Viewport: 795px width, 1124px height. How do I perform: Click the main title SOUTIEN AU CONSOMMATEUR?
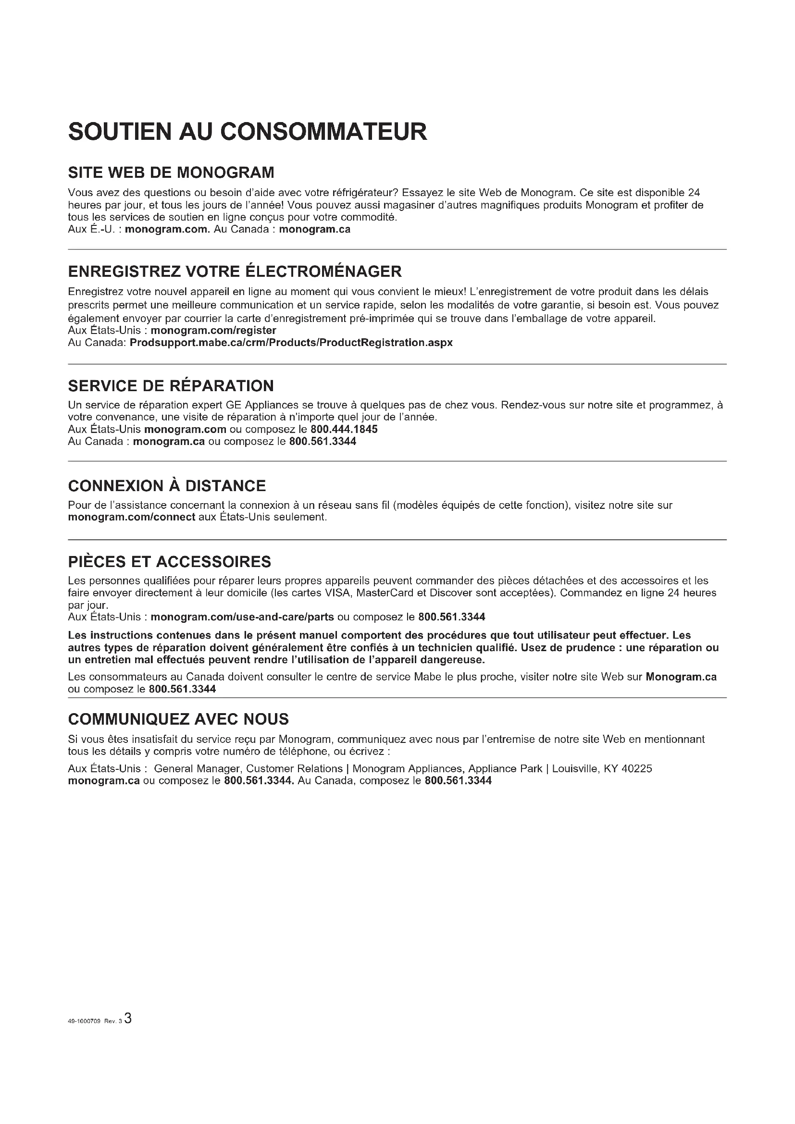(x=248, y=132)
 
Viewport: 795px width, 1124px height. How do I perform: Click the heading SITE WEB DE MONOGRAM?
(x=171, y=173)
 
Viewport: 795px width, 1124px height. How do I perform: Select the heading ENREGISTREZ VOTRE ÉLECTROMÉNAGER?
(x=235, y=271)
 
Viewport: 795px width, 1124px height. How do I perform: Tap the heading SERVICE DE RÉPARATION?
(x=171, y=386)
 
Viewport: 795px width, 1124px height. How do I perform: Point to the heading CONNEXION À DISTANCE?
(x=167, y=486)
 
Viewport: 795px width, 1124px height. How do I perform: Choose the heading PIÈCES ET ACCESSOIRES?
(x=169, y=561)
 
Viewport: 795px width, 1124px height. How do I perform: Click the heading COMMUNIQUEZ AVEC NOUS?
(x=178, y=719)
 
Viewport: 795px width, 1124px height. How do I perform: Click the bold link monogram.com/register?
(x=213, y=331)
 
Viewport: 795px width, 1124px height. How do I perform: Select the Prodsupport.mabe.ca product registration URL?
(x=291, y=343)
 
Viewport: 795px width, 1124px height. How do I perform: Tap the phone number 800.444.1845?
(x=344, y=429)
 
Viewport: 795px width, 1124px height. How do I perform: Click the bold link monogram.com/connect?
(x=132, y=517)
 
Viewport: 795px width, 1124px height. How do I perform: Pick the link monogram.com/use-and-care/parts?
(x=242, y=617)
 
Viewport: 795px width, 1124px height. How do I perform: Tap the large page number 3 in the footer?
(x=128, y=1019)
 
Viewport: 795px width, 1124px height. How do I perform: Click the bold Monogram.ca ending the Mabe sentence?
(x=681, y=677)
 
